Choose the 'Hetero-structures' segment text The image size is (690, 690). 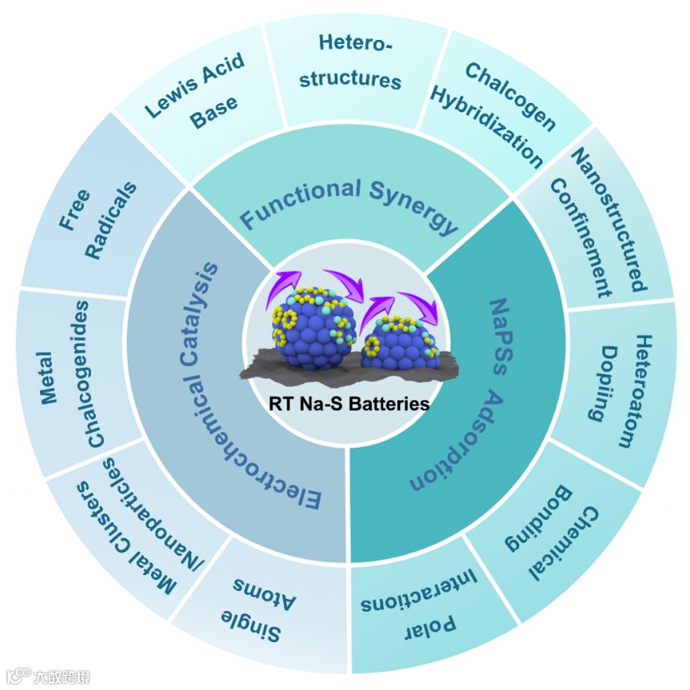tap(357, 60)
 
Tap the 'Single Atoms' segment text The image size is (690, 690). tap(256, 607)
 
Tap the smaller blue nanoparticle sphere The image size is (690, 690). tap(400, 343)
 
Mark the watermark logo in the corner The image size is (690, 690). tap(48, 676)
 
